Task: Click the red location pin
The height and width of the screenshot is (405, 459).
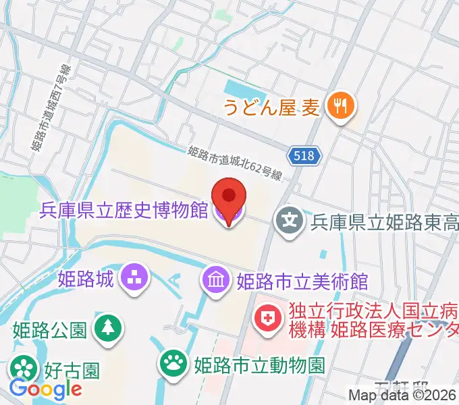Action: [x=229, y=197]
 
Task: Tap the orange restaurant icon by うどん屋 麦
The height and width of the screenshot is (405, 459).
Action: [x=340, y=107]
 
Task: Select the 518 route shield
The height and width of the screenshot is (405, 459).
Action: [x=306, y=157]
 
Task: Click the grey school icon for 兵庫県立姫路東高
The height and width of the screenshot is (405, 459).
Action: [x=289, y=221]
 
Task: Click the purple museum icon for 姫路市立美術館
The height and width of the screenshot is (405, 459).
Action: [x=217, y=279]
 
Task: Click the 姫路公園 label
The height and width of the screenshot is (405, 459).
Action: [x=49, y=329]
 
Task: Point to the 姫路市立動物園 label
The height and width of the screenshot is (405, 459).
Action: [x=259, y=366]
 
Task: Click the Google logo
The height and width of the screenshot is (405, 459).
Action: [x=45, y=389]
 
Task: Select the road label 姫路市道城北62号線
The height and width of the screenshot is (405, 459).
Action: [x=234, y=163]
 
